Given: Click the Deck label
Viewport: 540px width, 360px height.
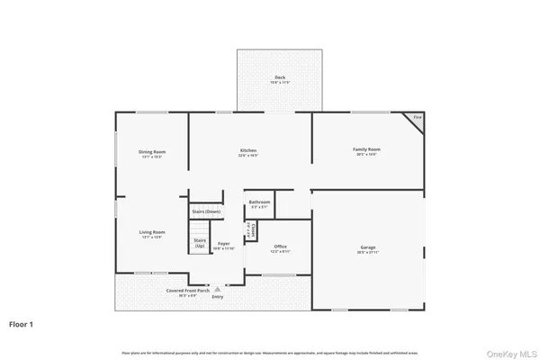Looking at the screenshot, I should (x=280, y=78).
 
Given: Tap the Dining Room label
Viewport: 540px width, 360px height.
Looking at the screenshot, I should (x=151, y=151).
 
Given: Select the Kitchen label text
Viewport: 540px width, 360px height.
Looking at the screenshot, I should (x=248, y=150).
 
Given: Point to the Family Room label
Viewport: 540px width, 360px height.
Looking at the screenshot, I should (x=365, y=149).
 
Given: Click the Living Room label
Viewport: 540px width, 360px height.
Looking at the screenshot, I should (x=151, y=233).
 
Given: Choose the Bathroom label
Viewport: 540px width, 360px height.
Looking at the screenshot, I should (x=259, y=202).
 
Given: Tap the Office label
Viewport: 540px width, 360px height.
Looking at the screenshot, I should (x=280, y=247).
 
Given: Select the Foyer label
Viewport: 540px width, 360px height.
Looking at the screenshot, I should (x=223, y=241).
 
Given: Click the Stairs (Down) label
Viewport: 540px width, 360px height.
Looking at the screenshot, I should (x=206, y=211).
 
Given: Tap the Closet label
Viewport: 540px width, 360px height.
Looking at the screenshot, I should (x=254, y=230).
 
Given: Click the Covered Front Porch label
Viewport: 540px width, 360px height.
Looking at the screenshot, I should (x=188, y=291).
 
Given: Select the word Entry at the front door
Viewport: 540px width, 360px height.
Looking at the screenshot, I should (x=218, y=296).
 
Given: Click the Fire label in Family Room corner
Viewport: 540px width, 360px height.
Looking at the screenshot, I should (x=417, y=118).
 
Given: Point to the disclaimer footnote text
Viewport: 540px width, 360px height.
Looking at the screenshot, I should (x=270, y=351).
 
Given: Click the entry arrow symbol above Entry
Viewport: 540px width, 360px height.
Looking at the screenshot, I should (x=218, y=289).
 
